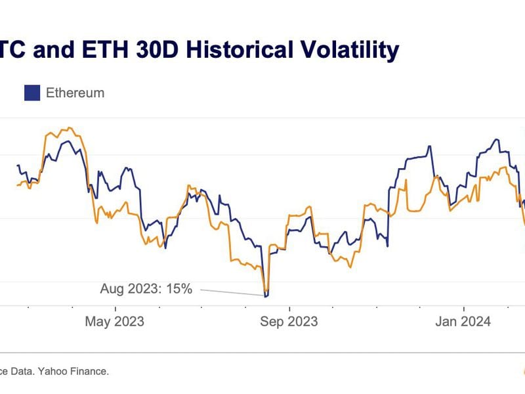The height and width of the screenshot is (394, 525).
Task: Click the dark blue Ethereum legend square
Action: coord(32,93)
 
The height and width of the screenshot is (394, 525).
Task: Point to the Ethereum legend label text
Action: coord(75,93)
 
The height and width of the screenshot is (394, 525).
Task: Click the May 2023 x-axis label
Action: coord(115,321)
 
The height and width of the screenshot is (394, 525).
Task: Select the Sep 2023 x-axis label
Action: coord(289,321)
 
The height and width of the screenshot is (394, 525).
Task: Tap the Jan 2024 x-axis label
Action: coord(464,321)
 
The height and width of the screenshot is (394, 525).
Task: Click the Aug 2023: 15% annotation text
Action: coord(146,288)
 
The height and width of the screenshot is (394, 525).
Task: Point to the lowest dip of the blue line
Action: coord(266,296)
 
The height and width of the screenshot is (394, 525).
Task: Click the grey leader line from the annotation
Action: coord(230,292)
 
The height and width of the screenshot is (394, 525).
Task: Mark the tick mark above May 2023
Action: coord(115,307)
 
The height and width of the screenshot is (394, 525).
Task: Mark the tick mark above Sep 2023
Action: coord(289,307)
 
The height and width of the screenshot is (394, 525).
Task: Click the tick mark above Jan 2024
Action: coord(464,307)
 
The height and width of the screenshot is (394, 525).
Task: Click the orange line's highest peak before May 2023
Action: coord(70,128)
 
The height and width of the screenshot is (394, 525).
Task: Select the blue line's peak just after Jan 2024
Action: coord(497,139)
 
